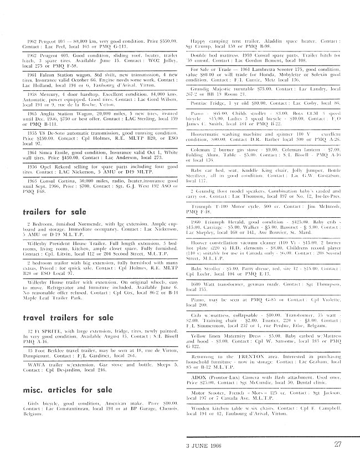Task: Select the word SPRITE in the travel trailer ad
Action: pos(45,331)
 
